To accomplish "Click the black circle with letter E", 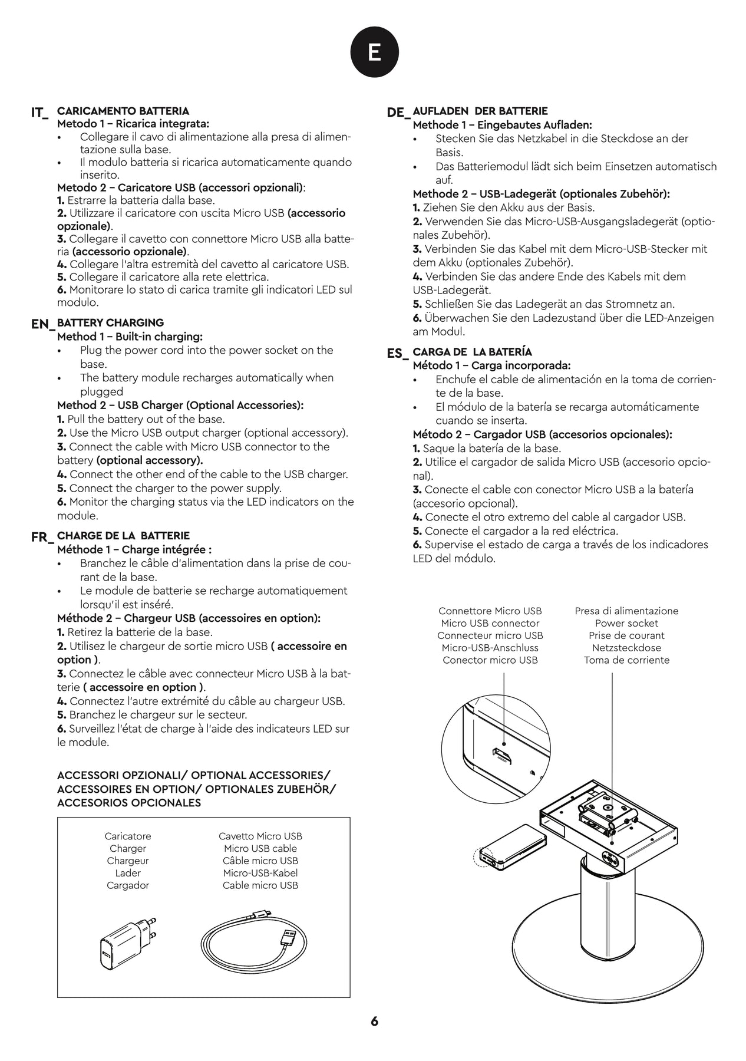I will click(x=374, y=52).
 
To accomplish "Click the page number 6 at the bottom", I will click(x=374, y=1022).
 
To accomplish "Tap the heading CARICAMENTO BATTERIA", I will click(x=123, y=111).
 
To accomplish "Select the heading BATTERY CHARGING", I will click(x=110, y=322).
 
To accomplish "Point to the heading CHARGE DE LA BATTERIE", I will click(x=123, y=535).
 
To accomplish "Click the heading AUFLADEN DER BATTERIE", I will click(x=480, y=111).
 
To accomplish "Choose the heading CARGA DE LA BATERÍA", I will click(x=472, y=352).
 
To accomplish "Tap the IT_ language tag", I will click(x=39, y=112).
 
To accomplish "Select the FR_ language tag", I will click(x=41, y=536).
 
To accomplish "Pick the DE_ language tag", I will click(x=398, y=112).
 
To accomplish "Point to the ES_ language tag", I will click(x=397, y=353).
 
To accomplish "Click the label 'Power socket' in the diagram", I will click(x=626, y=623).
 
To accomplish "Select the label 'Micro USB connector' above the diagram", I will click(x=490, y=623).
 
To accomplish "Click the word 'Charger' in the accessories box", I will click(x=128, y=848).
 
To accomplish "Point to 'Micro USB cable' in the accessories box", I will click(x=260, y=848).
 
